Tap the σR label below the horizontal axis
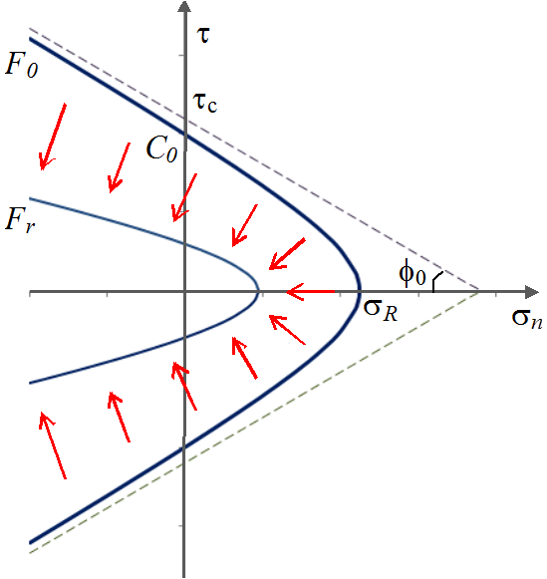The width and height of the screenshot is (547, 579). click(380, 310)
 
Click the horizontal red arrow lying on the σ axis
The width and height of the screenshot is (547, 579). click(319, 292)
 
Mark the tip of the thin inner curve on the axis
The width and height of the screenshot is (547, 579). click(259, 292)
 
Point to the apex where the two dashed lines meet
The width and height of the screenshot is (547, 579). click(480, 291)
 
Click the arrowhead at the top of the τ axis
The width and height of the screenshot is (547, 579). click(184, 8)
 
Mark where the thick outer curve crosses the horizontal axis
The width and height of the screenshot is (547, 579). click(360, 292)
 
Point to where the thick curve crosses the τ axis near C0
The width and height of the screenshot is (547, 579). click(184, 135)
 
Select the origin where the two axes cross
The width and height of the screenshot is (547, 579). click(184, 292)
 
